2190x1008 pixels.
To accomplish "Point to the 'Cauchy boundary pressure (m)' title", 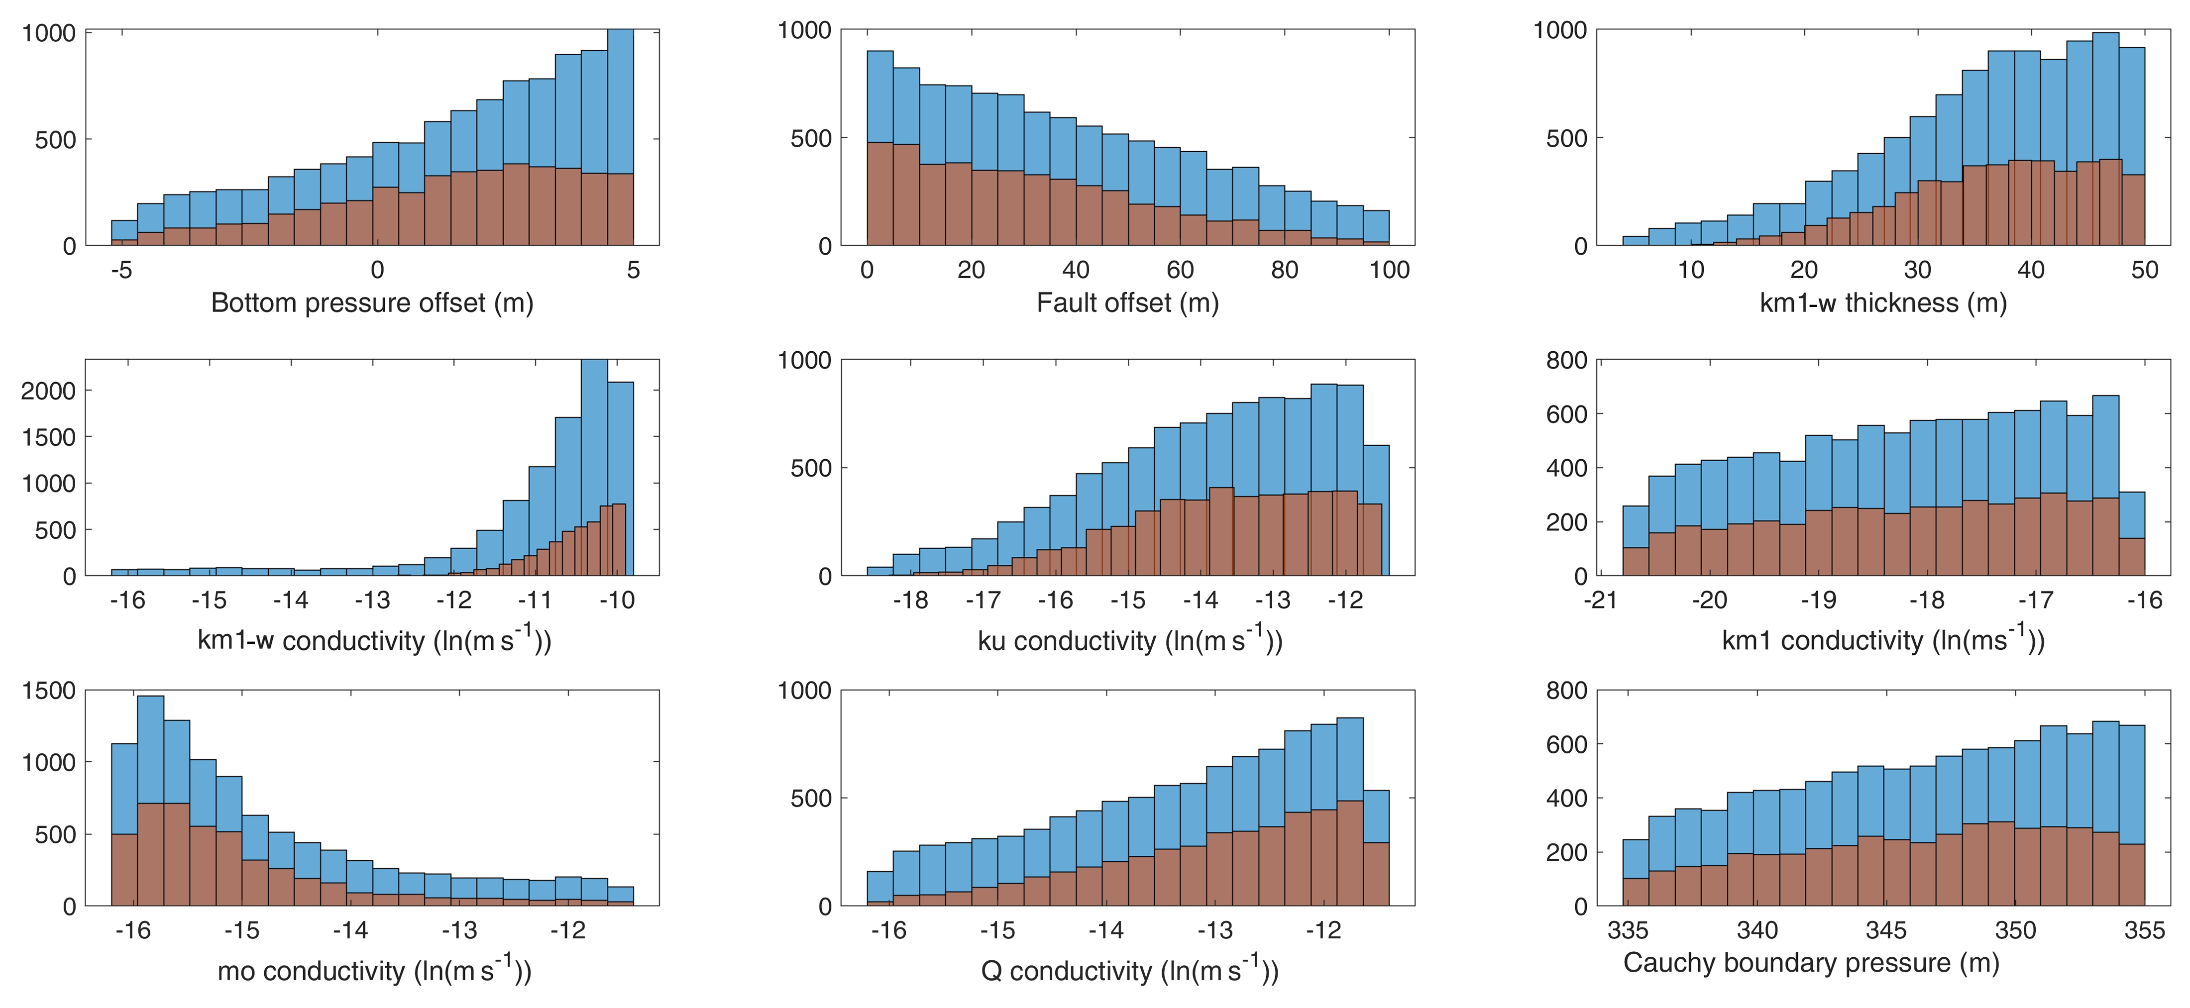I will (x=1811, y=963).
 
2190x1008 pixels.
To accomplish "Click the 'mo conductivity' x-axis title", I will (x=374, y=971).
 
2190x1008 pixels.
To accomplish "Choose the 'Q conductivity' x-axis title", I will (x=1129, y=971).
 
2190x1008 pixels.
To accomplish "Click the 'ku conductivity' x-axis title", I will (x=1129, y=640).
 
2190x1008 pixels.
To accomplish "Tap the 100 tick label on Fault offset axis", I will (x=1389, y=270).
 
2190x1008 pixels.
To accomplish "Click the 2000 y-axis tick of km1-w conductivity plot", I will (x=48, y=391).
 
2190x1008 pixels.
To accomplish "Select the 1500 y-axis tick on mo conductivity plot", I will (x=48, y=691).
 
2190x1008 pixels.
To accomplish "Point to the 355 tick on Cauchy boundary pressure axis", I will (x=2144, y=931).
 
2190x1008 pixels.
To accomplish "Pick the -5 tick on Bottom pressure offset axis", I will (x=121, y=270).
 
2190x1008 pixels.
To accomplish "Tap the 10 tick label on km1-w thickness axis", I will (x=1691, y=270).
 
